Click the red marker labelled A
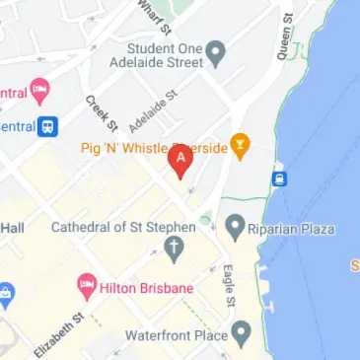point(181,160)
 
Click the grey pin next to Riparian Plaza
point(235,228)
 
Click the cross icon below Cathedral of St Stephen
point(174,249)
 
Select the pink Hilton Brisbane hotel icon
point(86,288)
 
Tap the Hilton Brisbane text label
point(147,288)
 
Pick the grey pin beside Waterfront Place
point(239,336)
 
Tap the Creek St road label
point(101,112)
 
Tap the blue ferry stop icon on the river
point(280,180)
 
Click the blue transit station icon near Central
point(46,125)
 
